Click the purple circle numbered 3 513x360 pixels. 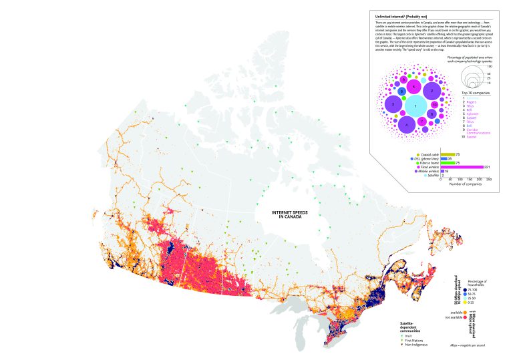(x=394, y=105)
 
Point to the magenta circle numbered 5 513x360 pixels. (x=414, y=87)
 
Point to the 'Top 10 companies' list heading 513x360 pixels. (x=475, y=93)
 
